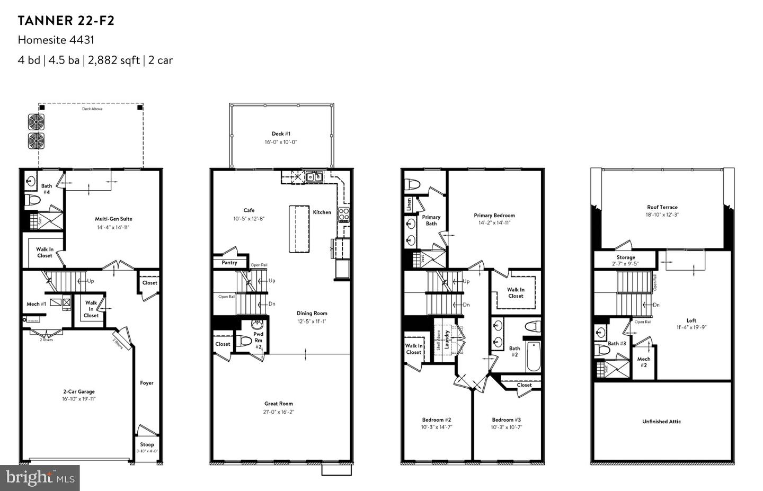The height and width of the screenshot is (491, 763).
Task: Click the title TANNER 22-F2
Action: (x=66, y=21)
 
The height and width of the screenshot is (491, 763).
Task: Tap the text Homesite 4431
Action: (x=56, y=40)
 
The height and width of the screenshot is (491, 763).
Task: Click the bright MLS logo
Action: (x=40, y=478)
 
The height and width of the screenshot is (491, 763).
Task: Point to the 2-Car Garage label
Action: (x=78, y=392)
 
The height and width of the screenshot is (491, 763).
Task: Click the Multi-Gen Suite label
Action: (x=113, y=219)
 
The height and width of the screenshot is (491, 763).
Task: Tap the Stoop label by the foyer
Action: (x=147, y=444)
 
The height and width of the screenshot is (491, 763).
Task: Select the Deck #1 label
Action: (x=281, y=134)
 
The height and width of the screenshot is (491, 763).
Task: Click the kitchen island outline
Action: (x=299, y=228)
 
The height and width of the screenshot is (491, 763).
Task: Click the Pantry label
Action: (x=229, y=263)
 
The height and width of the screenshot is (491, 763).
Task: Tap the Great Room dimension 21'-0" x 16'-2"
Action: (x=279, y=412)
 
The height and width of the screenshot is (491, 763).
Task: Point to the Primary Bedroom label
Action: (x=494, y=216)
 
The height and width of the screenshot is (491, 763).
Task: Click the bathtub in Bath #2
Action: (x=533, y=356)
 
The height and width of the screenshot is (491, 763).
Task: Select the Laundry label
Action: (x=447, y=339)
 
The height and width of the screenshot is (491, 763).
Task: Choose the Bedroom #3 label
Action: (x=506, y=419)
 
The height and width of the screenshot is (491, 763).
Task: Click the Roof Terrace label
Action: (x=662, y=207)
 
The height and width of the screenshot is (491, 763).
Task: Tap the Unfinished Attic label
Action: (x=661, y=422)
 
